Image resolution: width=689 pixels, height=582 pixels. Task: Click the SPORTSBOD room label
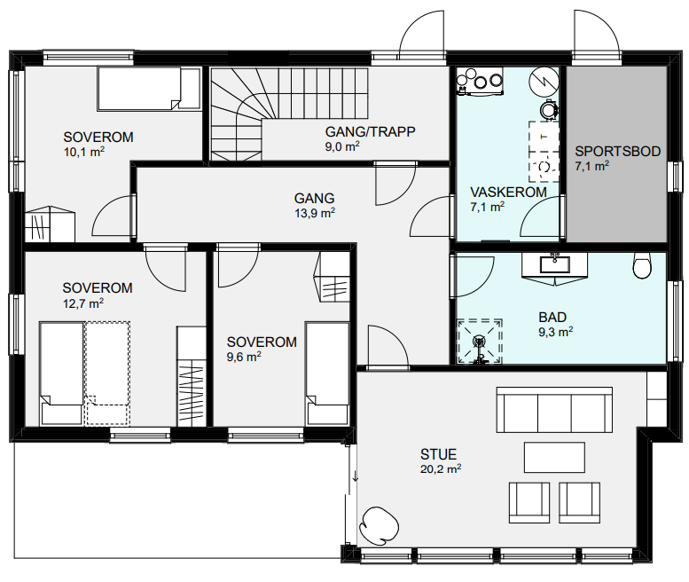(x=618, y=151)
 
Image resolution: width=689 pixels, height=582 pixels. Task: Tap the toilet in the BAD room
(x=642, y=265)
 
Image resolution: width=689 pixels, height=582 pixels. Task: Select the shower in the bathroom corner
(x=479, y=341)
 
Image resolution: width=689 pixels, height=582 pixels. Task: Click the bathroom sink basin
(x=554, y=264)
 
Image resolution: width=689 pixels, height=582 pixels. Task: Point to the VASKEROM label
(x=508, y=193)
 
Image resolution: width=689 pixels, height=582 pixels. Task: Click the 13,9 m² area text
(x=315, y=213)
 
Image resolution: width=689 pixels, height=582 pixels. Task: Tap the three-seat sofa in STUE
(x=554, y=410)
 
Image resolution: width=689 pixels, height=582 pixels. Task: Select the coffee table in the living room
(x=554, y=457)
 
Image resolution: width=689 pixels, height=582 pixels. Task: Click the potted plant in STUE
(x=379, y=525)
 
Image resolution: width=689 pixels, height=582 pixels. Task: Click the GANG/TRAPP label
(x=370, y=131)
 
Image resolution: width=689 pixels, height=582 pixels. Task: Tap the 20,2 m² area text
(x=441, y=469)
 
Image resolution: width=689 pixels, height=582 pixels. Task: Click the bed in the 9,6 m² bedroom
(x=327, y=374)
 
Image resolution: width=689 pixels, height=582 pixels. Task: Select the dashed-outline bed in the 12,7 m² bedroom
(x=107, y=374)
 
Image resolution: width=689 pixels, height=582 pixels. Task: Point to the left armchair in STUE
(x=529, y=502)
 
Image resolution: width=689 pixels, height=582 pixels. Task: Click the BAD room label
(x=552, y=317)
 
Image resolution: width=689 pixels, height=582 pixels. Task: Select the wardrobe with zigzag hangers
(x=192, y=376)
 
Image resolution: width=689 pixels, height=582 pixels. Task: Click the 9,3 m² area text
(x=555, y=332)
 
